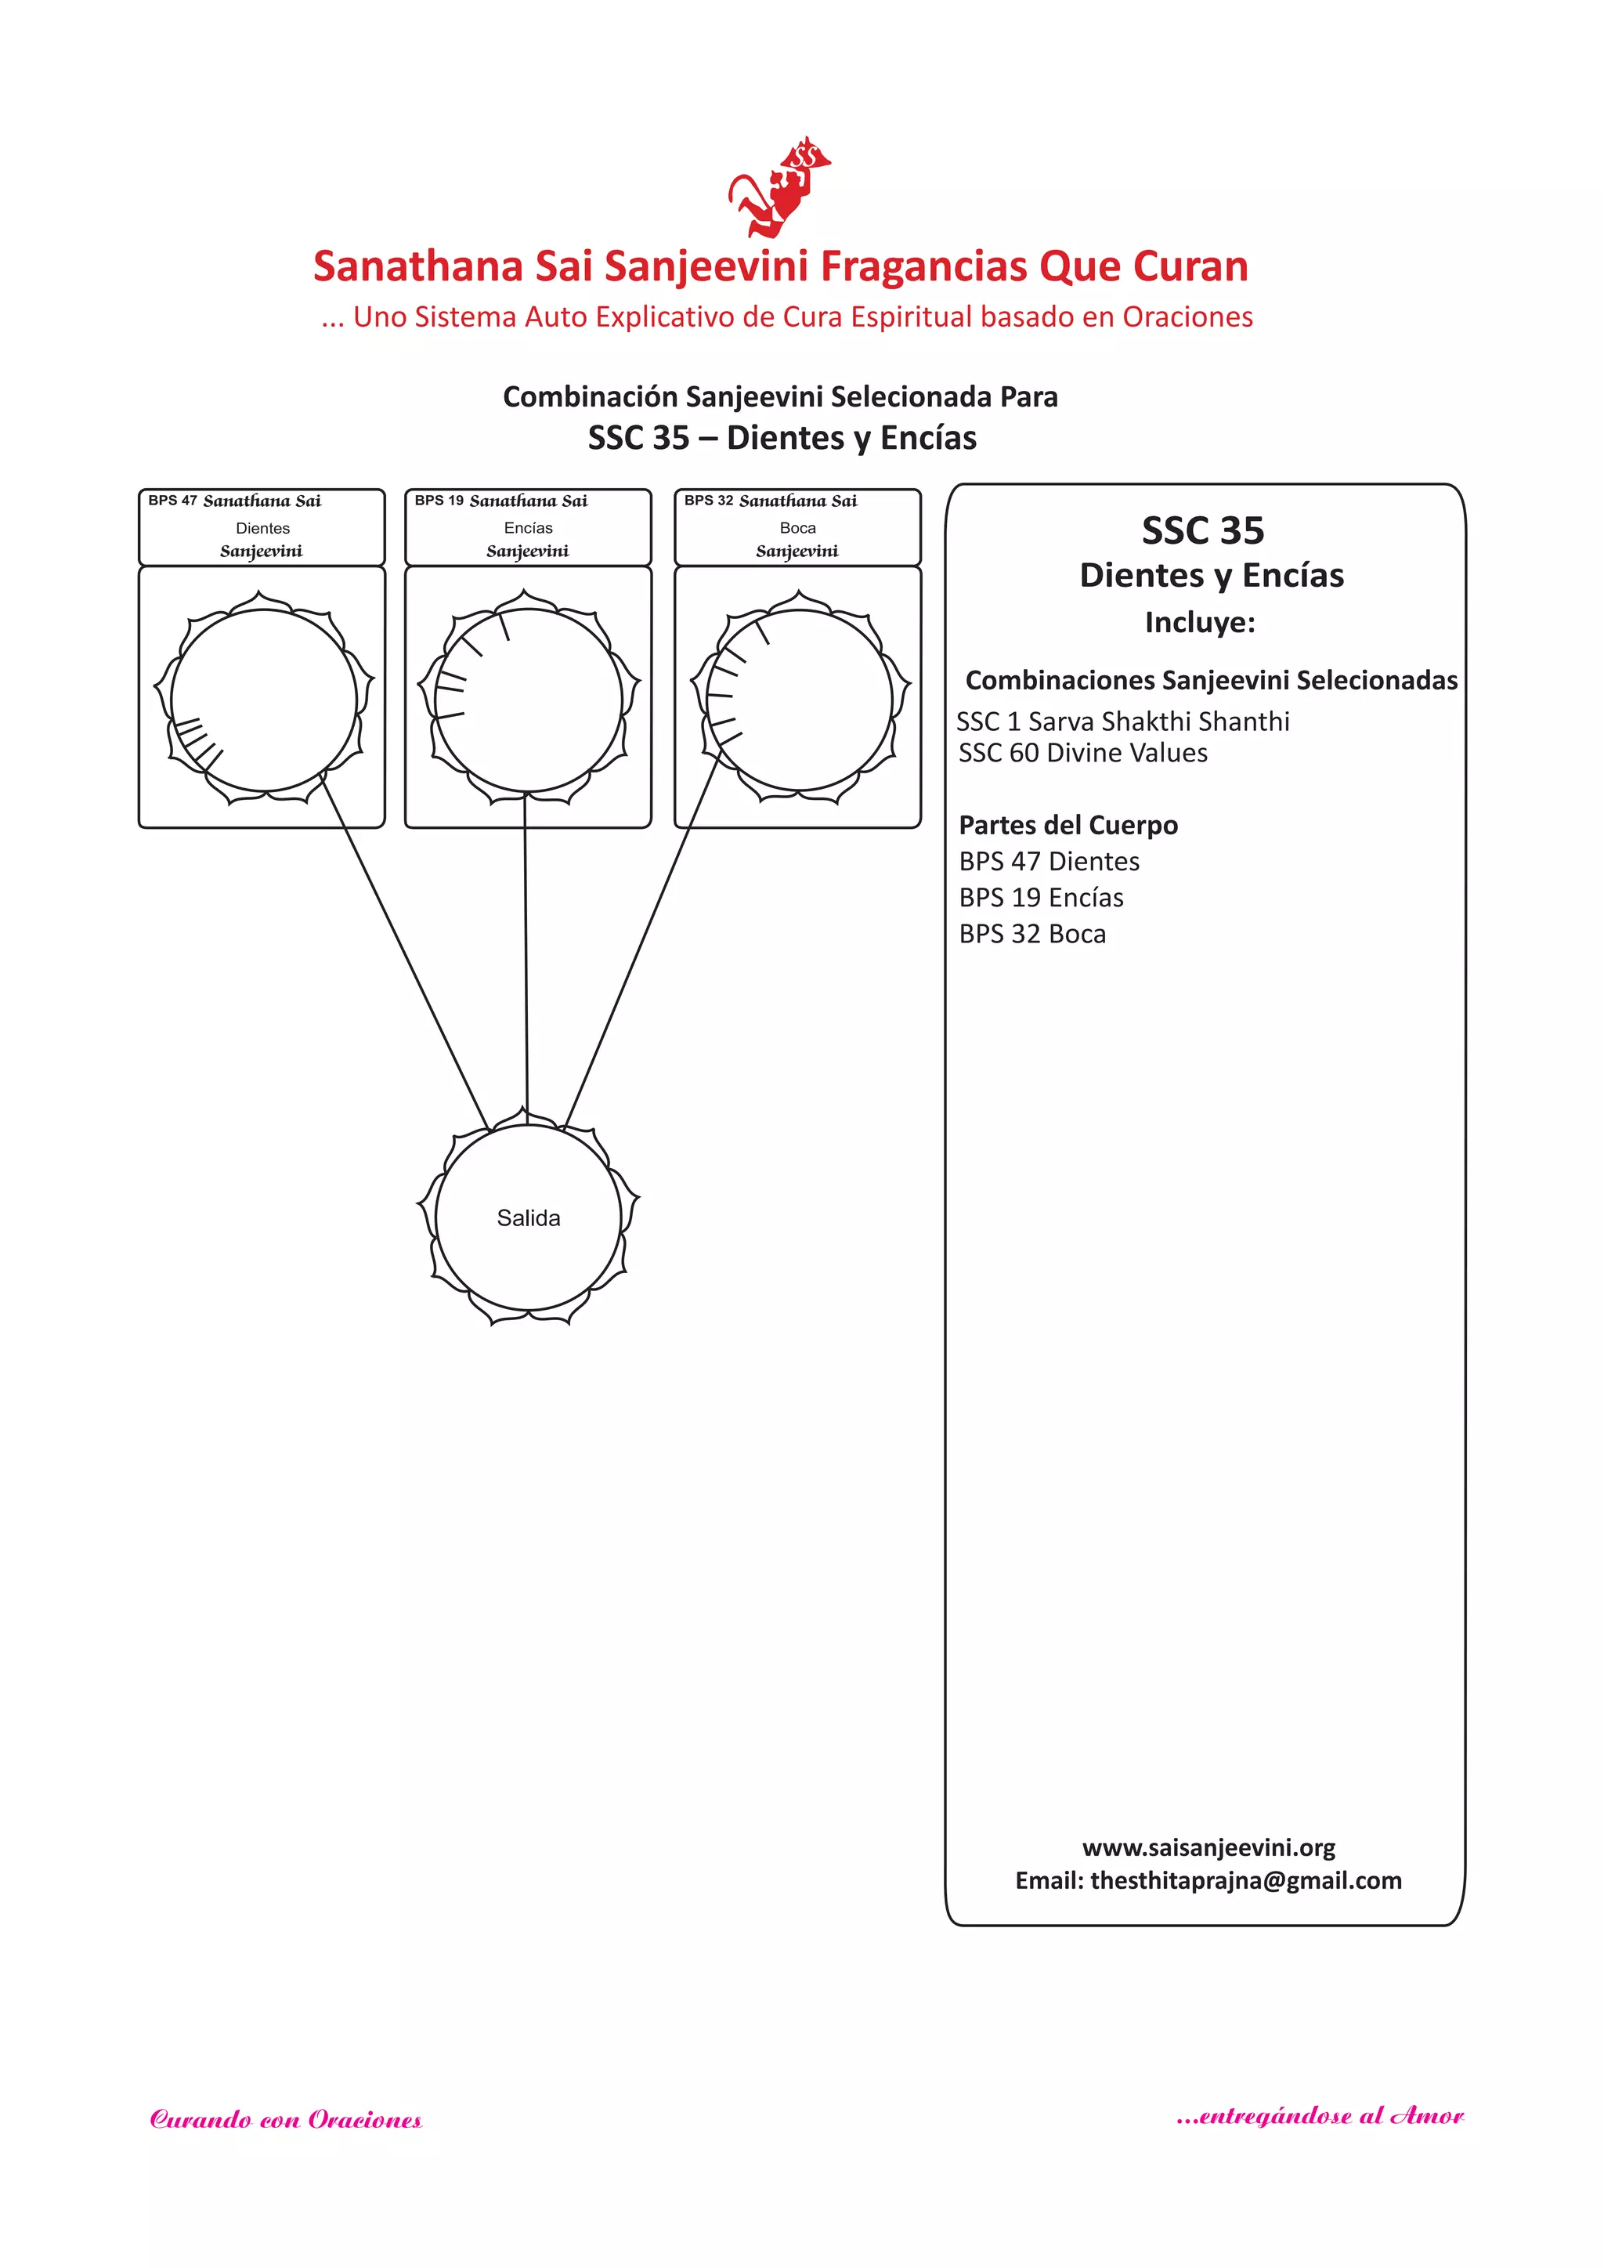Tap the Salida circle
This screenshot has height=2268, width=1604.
pos(529,1217)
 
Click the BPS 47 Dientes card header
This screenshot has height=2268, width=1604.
pos(262,526)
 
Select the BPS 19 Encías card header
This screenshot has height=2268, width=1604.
pos(529,526)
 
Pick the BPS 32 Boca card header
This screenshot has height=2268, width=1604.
pos(797,526)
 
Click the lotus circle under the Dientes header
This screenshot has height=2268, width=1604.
pos(264,700)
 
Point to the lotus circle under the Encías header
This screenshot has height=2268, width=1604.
pos(529,700)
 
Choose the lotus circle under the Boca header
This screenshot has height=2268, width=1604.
pos(800,700)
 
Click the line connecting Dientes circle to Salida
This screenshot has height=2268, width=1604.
pos(405,953)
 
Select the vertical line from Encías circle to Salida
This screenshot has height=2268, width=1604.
pos(526,953)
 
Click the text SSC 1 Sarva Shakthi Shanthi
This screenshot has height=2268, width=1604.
pos(1122,721)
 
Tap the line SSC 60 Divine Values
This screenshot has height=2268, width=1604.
pos(1082,753)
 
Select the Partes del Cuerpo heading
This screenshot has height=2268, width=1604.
pos(1068,825)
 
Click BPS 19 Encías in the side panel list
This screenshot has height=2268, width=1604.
pos(1041,897)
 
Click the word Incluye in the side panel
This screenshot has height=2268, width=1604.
pos(1199,622)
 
